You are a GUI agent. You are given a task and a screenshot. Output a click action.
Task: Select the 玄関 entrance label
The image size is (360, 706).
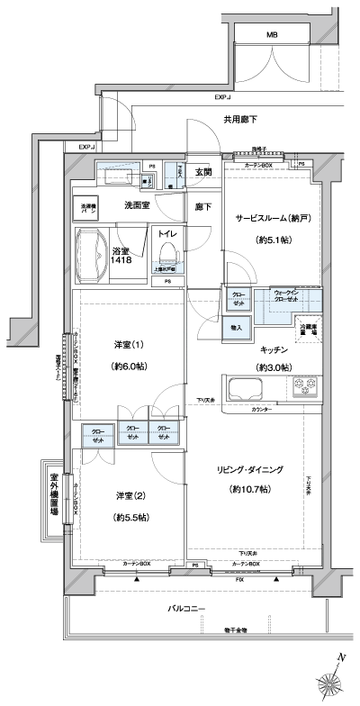(x=203, y=172)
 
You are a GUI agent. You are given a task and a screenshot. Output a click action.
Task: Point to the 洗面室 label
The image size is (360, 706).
(x=137, y=205)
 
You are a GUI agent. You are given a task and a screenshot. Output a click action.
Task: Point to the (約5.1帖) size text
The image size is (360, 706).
(x=270, y=240)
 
